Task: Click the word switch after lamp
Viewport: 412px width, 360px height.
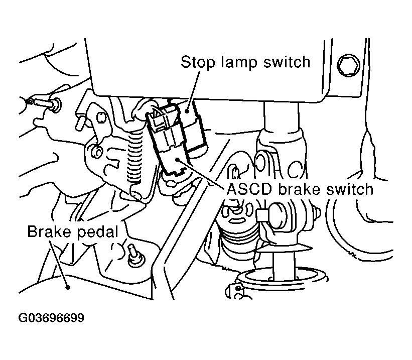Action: click(x=287, y=62)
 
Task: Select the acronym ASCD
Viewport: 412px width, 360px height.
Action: click(x=249, y=189)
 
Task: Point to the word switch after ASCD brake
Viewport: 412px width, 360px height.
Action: click(x=350, y=189)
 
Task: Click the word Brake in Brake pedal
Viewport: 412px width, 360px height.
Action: click(x=49, y=231)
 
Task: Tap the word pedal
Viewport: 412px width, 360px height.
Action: click(x=98, y=232)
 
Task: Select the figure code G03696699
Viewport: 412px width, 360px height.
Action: click(x=52, y=318)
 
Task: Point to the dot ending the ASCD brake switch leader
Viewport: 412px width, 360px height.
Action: click(x=179, y=159)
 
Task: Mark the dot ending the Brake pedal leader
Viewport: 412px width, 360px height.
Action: click(x=68, y=287)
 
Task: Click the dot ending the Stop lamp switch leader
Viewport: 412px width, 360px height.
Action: click(x=187, y=111)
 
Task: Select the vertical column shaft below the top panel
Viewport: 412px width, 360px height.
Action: click(x=281, y=115)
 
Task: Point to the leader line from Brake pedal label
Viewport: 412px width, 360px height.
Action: click(x=59, y=265)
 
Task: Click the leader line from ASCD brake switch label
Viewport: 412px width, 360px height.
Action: click(x=201, y=174)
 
